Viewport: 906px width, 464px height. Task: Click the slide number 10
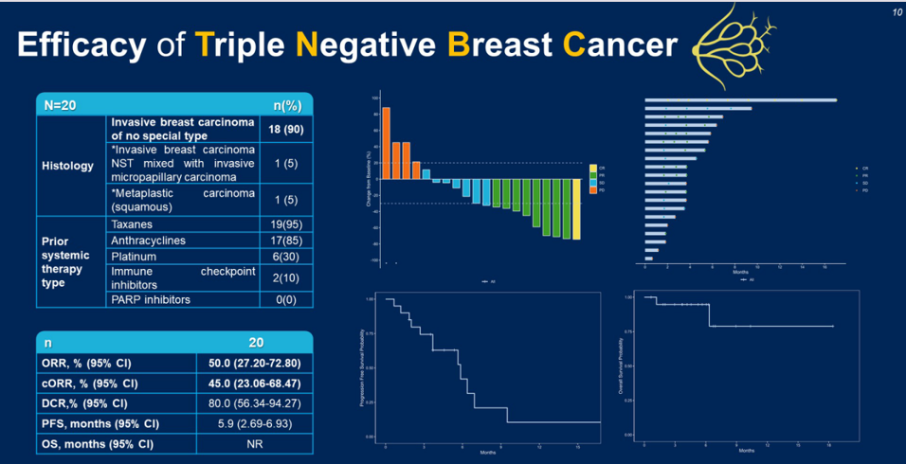coord(896,11)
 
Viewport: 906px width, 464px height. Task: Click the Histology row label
coord(68,166)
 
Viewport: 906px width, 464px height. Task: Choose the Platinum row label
coord(134,256)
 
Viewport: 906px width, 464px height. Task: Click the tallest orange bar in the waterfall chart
coord(386,142)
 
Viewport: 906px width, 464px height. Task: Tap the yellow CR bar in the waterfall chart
coord(576,208)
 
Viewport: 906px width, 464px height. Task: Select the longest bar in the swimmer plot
coord(740,99)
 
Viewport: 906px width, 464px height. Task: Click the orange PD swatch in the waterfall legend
coord(593,190)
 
